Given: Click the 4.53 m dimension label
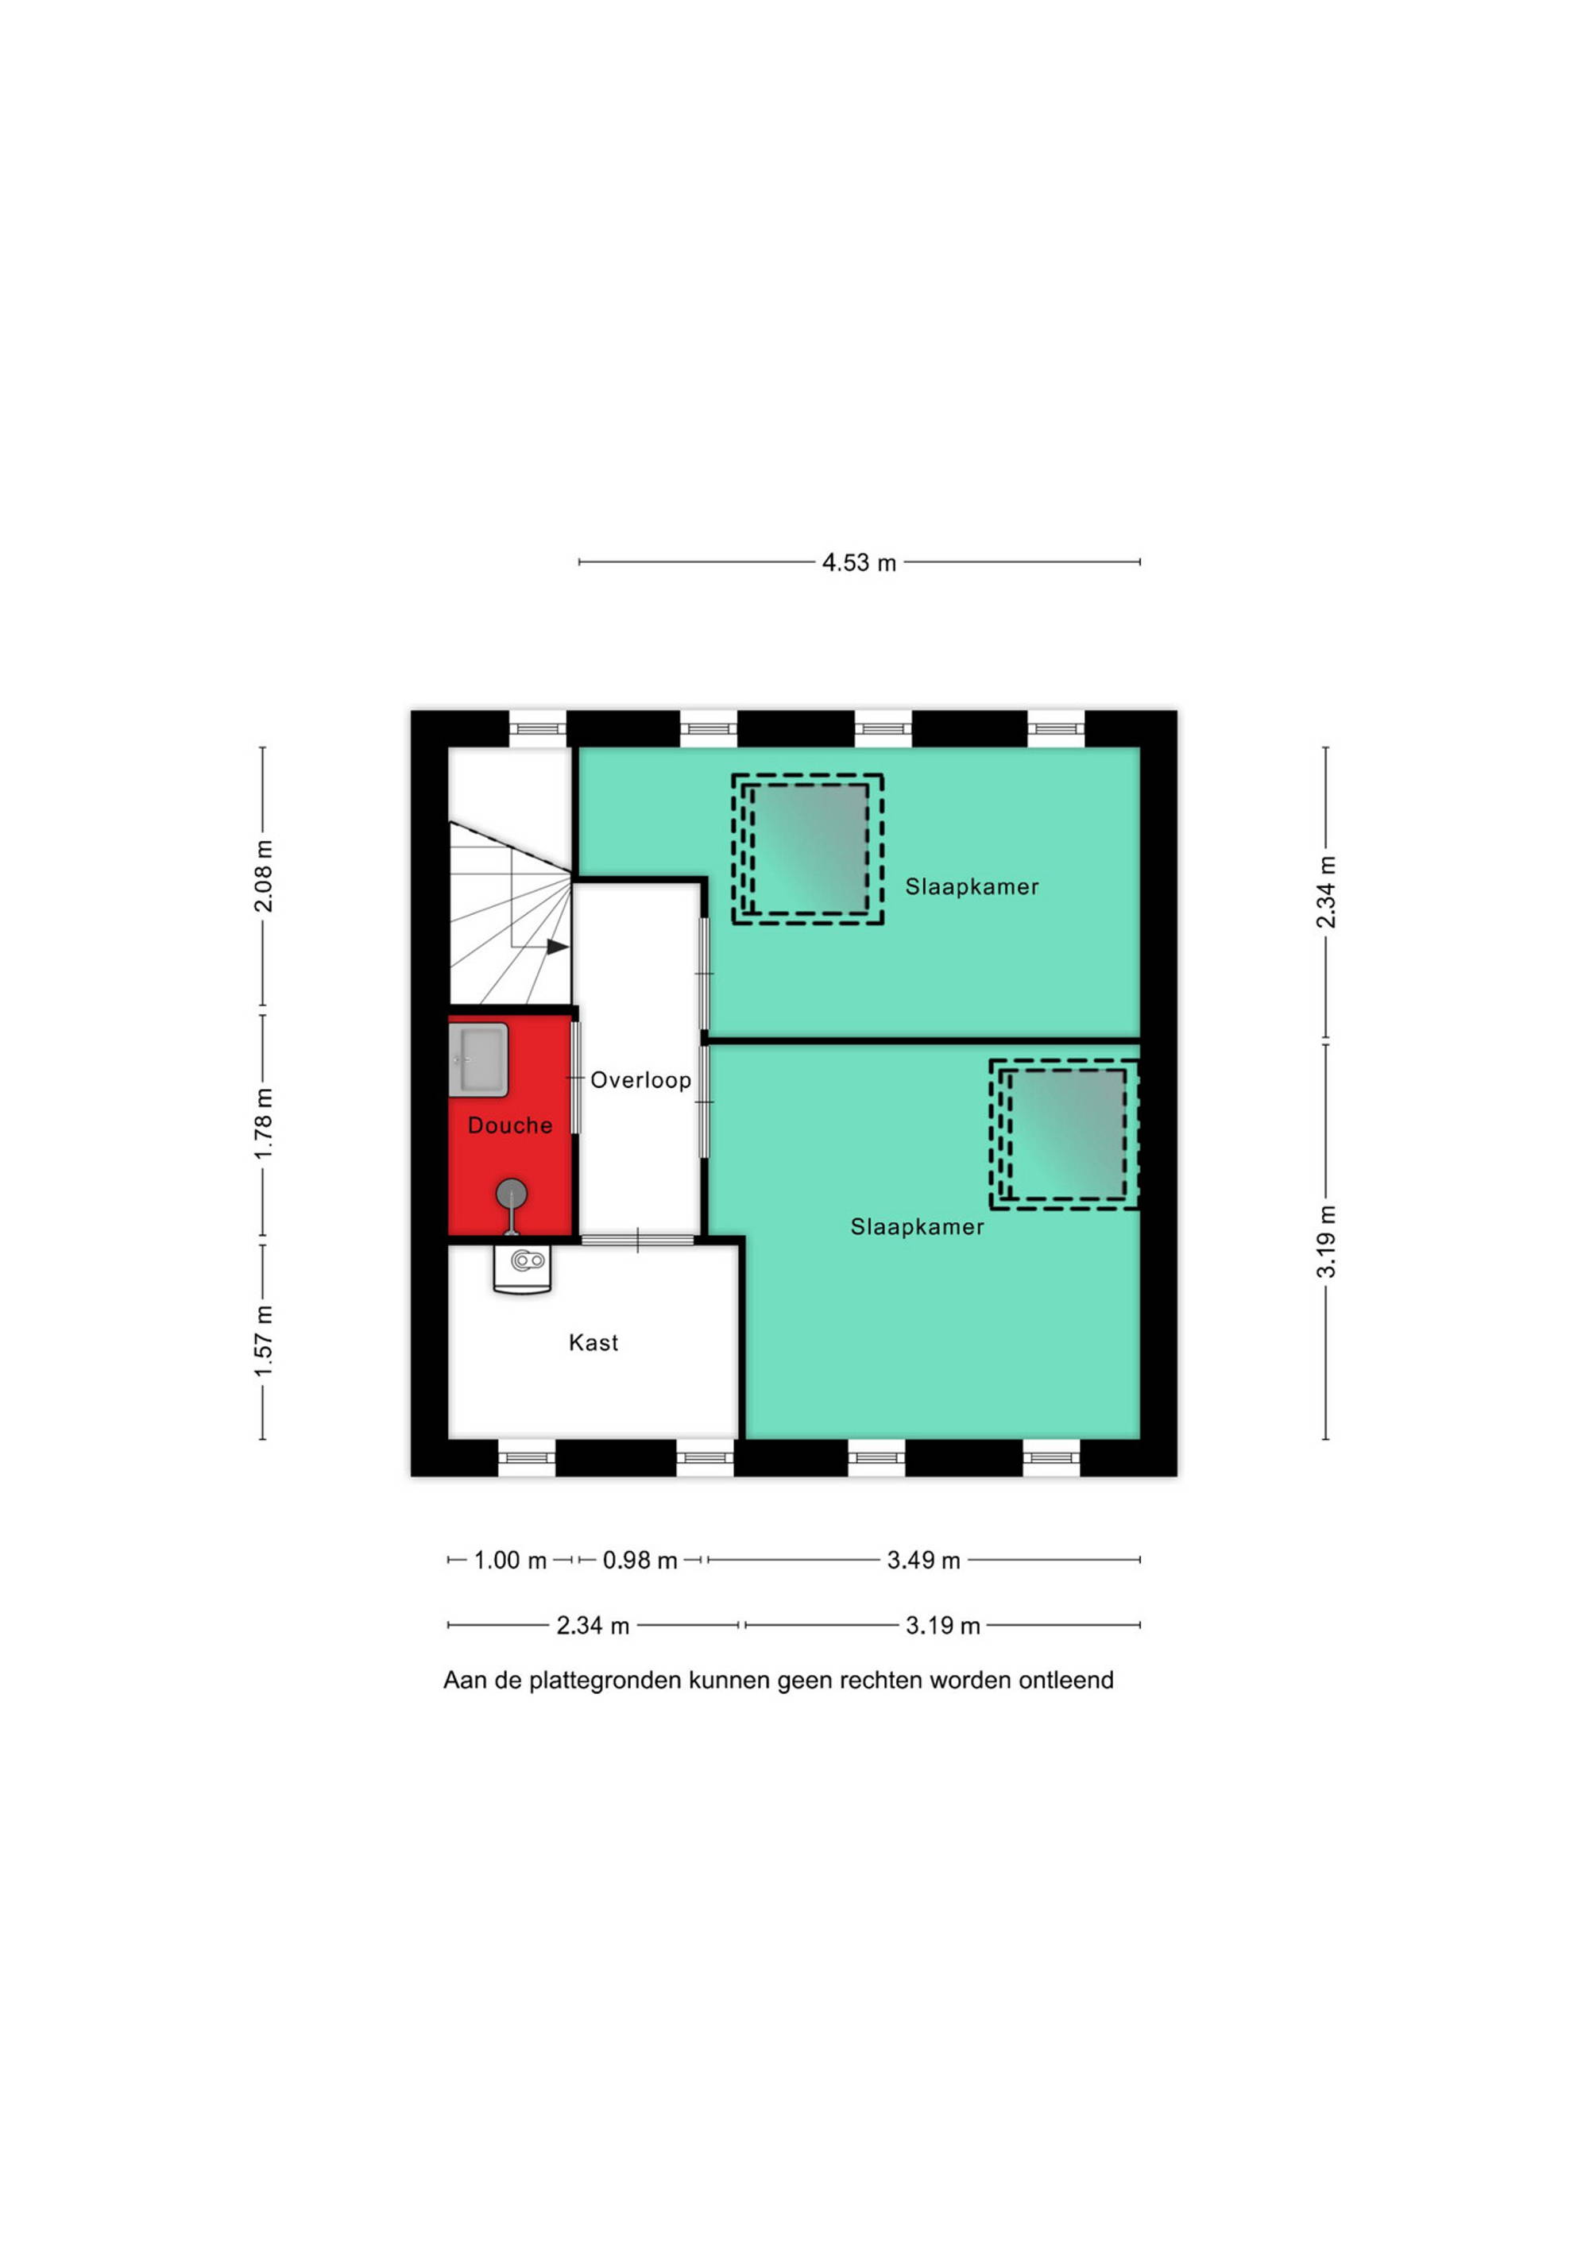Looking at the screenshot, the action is coord(859,563).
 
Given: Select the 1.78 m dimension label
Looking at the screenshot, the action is coord(263,1124).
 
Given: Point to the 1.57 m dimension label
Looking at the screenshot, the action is coord(263,1340).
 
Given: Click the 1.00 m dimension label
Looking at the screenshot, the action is coord(510,1561).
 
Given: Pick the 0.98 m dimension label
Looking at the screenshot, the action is coord(640,1561).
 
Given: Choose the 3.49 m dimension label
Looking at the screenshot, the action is coord(924,1561).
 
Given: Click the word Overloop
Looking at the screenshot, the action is coord(641,1080).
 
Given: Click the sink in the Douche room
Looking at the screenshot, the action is coord(478,1060).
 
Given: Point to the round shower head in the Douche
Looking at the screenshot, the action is coord(512,1194).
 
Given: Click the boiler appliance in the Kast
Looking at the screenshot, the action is coord(523,1269).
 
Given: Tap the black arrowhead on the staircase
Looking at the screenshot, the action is coord(558,947).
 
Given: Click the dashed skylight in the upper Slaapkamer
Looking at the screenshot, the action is coord(808,849).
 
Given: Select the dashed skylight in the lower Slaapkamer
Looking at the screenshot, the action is coord(1065,1135).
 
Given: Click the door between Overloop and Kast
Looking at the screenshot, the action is coord(638,1241).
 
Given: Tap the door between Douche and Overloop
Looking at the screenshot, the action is coord(575,1077).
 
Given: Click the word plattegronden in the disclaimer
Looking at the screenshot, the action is coord(605,1681).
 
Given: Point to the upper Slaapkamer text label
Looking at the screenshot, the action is coord(972,886).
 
